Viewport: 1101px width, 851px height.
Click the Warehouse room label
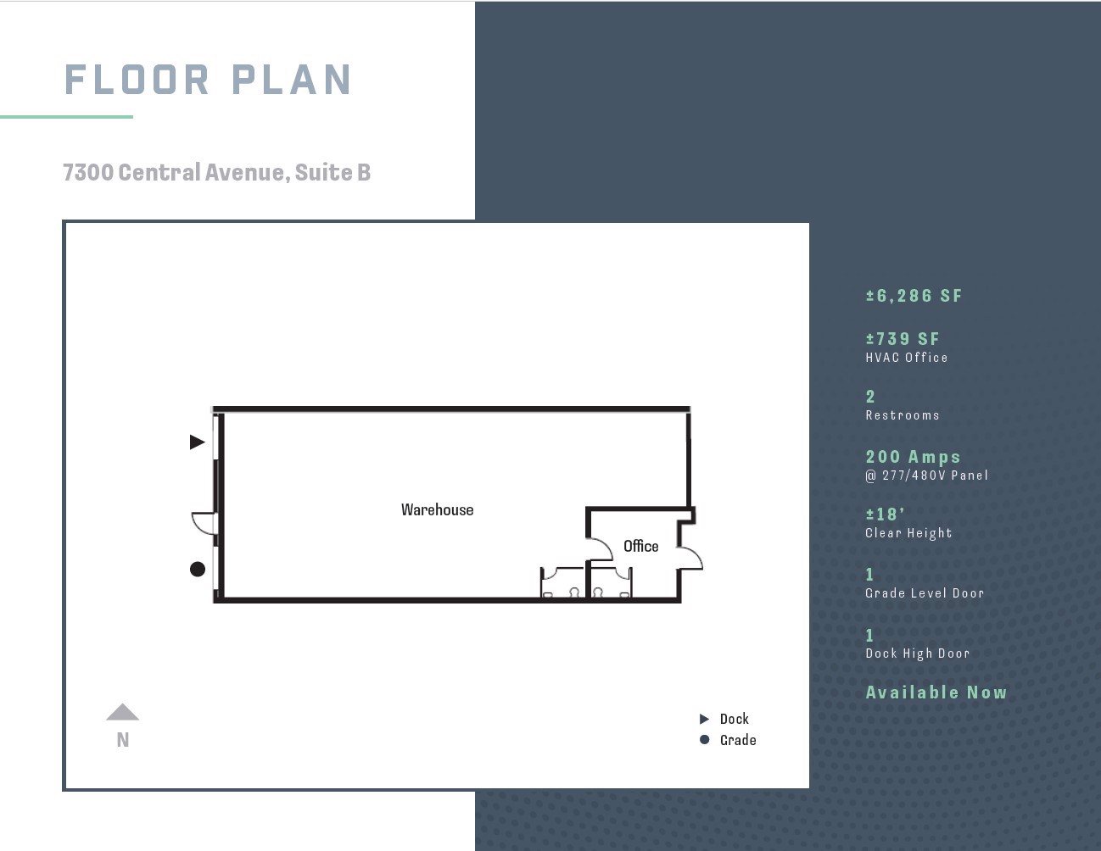coord(437,509)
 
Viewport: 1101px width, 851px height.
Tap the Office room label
coord(641,546)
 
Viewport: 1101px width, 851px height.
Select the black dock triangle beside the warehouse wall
coord(197,442)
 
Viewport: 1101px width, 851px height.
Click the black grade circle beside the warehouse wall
coord(198,570)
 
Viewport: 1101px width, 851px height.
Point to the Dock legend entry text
coord(735,719)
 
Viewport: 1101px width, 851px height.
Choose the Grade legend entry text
coord(738,740)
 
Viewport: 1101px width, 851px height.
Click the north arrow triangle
coord(123,712)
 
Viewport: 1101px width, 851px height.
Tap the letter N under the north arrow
coord(123,740)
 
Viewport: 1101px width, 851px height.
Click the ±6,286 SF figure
coord(914,296)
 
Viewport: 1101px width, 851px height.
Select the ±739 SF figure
coord(903,339)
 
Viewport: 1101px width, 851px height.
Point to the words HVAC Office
coord(907,358)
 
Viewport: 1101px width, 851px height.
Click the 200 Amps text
coord(913,457)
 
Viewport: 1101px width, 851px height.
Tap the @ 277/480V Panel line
coord(927,476)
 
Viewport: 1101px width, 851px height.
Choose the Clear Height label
coord(908,533)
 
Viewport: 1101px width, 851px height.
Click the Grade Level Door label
coord(925,592)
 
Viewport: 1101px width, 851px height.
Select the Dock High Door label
coord(918,654)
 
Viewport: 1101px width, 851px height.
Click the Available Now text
coord(936,692)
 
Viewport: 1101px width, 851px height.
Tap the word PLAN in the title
coord(292,80)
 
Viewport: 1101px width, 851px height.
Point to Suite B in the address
coord(333,172)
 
